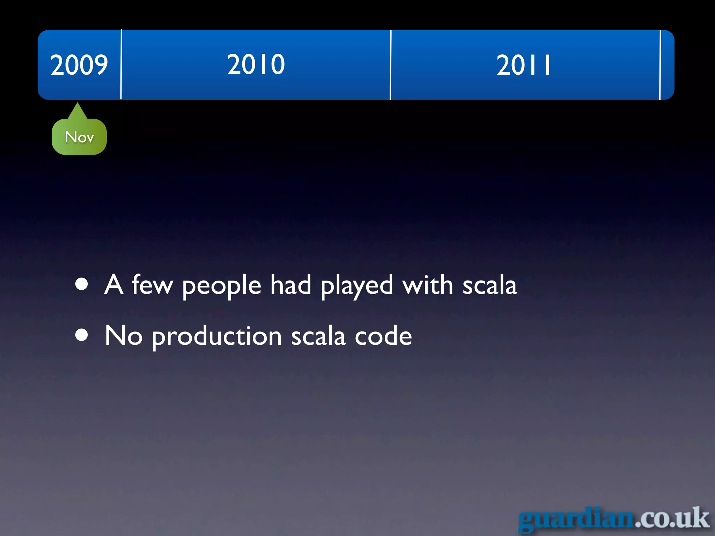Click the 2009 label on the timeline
[79, 65]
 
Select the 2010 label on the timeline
[256, 65]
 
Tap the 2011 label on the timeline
[523, 65]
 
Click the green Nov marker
[79, 137]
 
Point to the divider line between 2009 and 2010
[121, 65]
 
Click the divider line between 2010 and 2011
[391, 65]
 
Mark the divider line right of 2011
[660, 65]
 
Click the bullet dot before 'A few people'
[82, 284]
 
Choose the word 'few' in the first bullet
[152, 284]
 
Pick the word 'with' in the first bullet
[428, 284]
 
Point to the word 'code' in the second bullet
[383, 336]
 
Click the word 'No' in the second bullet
[124, 335]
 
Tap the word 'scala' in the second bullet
[318, 336]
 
